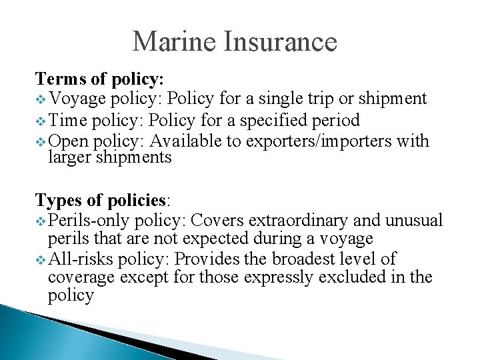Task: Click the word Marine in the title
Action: [x=175, y=41]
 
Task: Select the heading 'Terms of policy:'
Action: [x=99, y=79]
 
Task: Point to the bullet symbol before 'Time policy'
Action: [x=41, y=121]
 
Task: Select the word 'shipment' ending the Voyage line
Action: [x=391, y=99]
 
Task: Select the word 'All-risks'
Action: [x=79, y=259]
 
